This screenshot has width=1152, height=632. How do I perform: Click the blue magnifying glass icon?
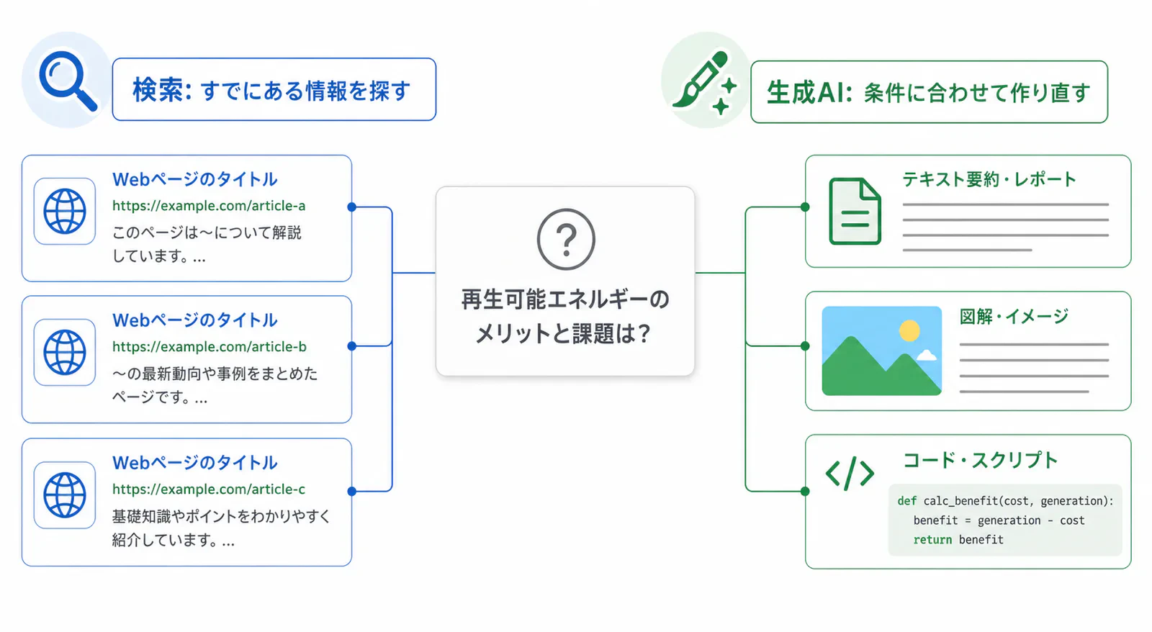pos(68,80)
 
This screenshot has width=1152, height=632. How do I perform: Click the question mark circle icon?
pos(566,239)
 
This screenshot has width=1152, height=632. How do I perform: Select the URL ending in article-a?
pos(209,206)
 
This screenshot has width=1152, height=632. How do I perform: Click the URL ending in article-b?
pos(210,347)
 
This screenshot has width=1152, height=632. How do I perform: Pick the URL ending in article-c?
pos(209,489)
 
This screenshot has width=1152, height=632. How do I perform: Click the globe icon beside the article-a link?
pos(65,212)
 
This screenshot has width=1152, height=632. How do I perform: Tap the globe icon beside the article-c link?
pos(65,495)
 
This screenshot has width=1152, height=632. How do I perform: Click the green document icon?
pos(855,211)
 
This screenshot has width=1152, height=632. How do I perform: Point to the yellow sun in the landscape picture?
pos(909,330)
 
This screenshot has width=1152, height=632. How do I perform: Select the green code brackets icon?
pos(850,473)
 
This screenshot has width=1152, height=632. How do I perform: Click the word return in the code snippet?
pos(932,539)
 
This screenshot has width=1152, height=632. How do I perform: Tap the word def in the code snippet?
pos(906,501)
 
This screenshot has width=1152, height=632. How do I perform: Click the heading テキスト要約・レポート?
pos(989,179)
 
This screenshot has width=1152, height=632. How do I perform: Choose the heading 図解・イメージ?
pos(1014,316)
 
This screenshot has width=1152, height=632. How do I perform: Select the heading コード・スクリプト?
pos(980,460)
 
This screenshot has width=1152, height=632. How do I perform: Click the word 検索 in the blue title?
pos(158,90)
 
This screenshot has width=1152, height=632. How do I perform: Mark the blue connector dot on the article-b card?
pos(352,346)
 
